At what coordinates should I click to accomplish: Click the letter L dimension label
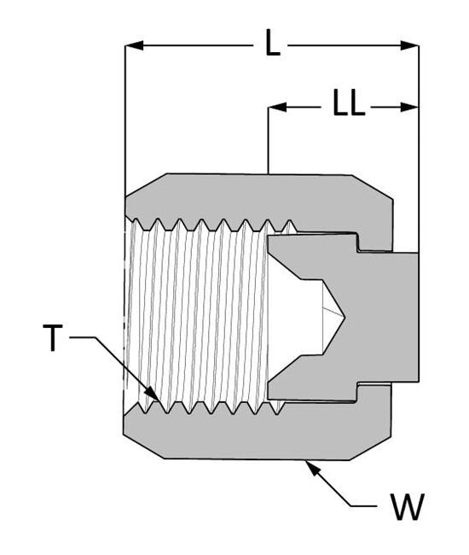(272, 42)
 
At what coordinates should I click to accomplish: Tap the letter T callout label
(53, 339)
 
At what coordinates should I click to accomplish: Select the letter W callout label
(407, 508)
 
